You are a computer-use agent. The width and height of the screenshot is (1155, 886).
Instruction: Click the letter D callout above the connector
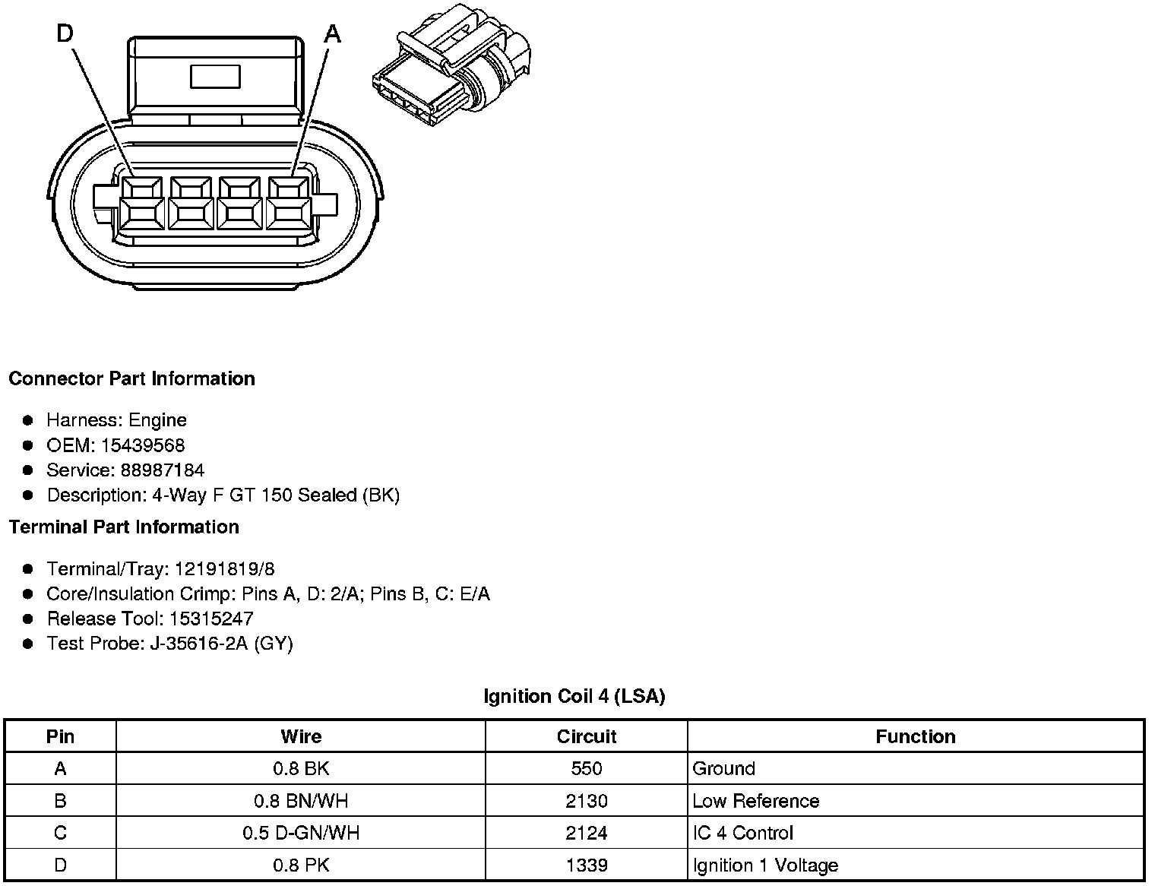[x=65, y=33]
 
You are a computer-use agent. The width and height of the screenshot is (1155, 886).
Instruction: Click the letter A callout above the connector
[x=333, y=33]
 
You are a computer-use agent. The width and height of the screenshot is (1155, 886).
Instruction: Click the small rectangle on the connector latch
[x=215, y=77]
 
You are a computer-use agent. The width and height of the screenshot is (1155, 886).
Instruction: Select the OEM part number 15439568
[x=142, y=445]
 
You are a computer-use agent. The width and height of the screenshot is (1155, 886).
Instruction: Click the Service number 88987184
[x=162, y=470]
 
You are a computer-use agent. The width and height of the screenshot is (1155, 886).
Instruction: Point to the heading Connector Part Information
[x=131, y=378]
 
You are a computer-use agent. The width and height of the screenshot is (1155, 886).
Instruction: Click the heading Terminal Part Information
[x=124, y=527]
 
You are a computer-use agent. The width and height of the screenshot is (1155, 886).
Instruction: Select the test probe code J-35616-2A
[x=199, y=644]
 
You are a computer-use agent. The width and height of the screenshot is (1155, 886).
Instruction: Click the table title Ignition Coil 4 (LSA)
[x=574, y=696]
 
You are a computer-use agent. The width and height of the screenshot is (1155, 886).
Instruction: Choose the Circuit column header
[x=586, y=736]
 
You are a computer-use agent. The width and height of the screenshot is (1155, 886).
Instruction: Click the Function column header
[x=915, y=736]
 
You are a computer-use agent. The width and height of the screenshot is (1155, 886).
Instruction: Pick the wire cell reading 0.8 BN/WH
[x=301, y=801]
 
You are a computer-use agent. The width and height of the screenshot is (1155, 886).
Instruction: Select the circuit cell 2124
[x=586, y=833]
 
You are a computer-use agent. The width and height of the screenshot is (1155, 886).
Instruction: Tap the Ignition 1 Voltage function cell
[x=765, y=865]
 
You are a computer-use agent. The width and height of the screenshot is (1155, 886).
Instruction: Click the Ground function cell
[x=723, y=768]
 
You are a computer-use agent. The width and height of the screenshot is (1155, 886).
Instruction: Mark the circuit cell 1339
[x=586, y=865]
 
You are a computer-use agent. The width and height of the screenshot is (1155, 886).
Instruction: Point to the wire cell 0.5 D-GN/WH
[x=301, y=833]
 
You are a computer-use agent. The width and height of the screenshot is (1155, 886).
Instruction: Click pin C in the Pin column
[x=60, y=833]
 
